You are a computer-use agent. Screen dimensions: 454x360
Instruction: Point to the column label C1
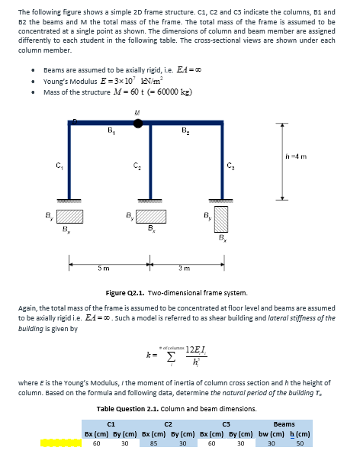(x=59, y=167)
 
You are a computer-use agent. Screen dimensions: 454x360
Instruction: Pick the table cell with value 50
(x=300, y=442)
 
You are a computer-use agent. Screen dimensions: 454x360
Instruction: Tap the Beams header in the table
(x=284, y=423)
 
